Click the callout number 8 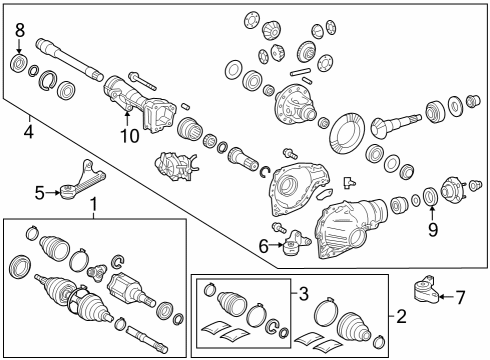point(20,30)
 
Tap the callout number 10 point(130,136)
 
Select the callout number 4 point(29,132)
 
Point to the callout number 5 point(40,193)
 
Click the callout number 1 point(94,204)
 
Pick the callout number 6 point(264,246)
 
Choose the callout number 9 point(433,229)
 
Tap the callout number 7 point(461,297)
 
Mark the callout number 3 point(303,294)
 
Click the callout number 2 point(401,316)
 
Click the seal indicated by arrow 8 point(18,63)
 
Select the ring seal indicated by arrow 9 point(430,197)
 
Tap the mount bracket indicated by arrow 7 point(425,289)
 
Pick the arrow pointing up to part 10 point(127,119)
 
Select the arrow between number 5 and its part point(52,192)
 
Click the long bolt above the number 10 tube point(142,81)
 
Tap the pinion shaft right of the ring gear point(396,124)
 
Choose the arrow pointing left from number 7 point(445,296)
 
